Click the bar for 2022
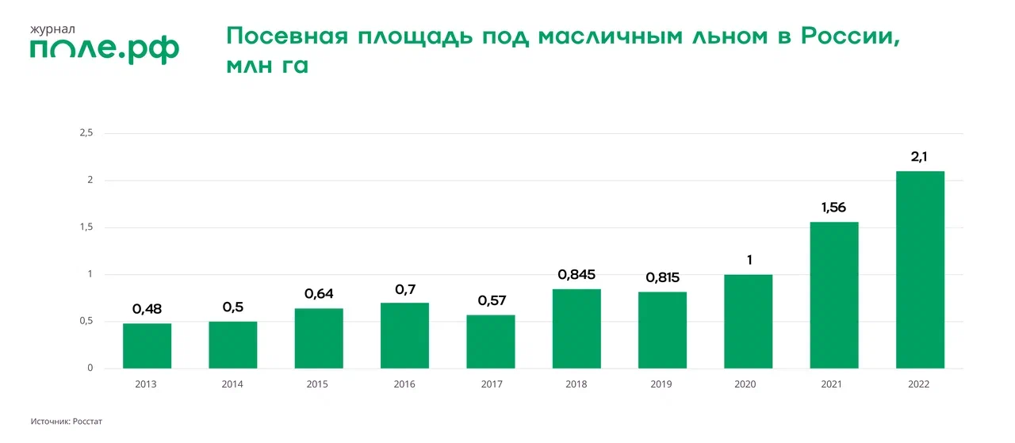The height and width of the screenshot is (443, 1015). (920, 269)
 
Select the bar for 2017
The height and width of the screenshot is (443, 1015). (491, 342)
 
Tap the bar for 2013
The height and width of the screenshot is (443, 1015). (147, 346)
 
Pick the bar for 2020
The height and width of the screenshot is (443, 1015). (749, 321)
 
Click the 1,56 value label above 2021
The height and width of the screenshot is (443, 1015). (834, 208)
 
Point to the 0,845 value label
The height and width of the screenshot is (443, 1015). (576, 275)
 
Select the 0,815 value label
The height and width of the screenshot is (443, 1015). (662, 278)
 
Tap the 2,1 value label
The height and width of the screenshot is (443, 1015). (920, 157)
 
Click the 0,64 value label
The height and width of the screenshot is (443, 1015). (319, 294)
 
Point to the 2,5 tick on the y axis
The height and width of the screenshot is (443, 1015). (86, 133)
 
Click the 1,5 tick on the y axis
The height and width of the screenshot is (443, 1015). (86, 227)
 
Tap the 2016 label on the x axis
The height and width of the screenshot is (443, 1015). (404, 384)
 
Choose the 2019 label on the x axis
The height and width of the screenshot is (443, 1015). (662, 384)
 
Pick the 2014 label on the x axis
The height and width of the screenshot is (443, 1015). (232, 384)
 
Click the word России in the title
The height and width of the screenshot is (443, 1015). (849, 37)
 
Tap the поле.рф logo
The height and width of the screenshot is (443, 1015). (105, 50)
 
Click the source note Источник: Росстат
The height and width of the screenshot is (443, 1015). (67, 422)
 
